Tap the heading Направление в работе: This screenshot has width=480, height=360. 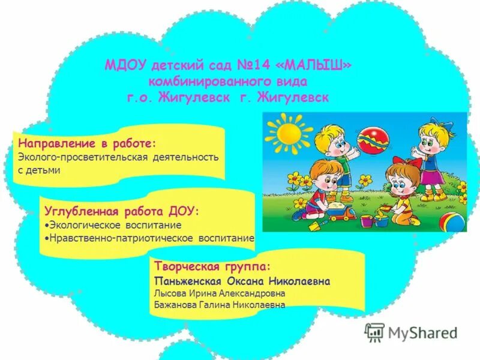pos(87,144)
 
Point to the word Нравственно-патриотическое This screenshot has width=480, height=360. pos(121,239)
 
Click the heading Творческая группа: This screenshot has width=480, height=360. pos(212,266)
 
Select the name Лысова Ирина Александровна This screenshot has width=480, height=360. pos(220,293)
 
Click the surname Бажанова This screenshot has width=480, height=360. pos(177,305)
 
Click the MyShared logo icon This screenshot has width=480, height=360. pos(374,332)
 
